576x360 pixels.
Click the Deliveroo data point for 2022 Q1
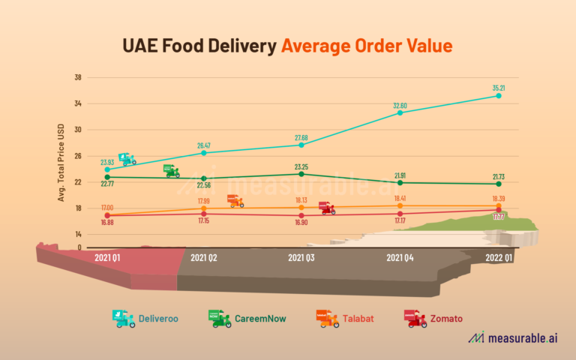(498, 96)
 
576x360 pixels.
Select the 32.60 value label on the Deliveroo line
(400, 105)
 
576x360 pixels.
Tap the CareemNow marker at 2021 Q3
(301, 174)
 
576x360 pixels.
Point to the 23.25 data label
(301, 166)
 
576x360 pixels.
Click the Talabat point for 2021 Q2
(203, 208)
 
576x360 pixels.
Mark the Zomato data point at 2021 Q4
(400, 214)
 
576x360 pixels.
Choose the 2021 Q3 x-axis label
(301, 257)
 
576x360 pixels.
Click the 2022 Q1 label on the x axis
(498, 257)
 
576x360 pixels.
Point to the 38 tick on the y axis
(78, 77)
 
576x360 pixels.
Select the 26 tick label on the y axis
(78, 156)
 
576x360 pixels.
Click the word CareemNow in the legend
(260, 319)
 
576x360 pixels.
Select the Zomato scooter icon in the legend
(415, 318)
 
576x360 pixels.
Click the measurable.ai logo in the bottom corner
(513, 338)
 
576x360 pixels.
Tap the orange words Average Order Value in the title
(367, 46)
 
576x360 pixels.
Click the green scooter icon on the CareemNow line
(171, 171)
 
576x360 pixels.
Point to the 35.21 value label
(498, 88)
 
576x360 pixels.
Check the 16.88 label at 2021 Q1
(107, 223)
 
